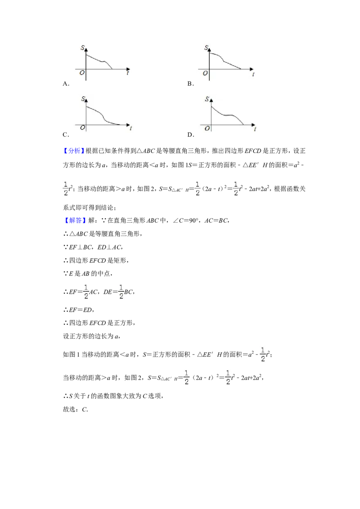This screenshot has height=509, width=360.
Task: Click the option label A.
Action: [x=66, y=84]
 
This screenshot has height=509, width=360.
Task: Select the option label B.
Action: [x=190, y=84]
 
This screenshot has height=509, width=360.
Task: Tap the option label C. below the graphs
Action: [x=66, y=135]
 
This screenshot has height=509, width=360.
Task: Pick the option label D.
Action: [x=191, y=135]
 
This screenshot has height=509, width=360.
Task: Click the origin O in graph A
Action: [x=82, y=73]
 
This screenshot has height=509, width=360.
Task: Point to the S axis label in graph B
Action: [x=206, y=48]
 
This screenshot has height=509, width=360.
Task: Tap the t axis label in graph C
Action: [x=130, y=129]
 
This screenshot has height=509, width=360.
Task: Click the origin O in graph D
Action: [x=207, y=129]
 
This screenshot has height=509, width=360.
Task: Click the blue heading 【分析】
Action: [x=73, y=151]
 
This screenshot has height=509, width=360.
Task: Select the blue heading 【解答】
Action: [x=73, y=220]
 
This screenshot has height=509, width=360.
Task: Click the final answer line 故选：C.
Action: [x=76, y=409]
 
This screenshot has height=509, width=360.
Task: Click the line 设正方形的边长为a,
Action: [x=92, y=336]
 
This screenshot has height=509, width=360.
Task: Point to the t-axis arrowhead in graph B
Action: [x=252, y=69]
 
